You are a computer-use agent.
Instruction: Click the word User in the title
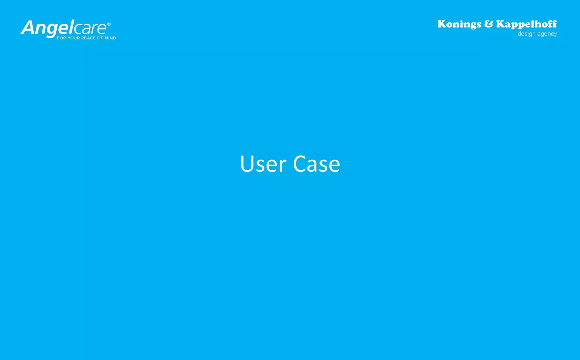click(263, 164)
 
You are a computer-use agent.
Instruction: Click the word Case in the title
click(316, 164)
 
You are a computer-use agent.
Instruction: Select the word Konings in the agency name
click(459, 24)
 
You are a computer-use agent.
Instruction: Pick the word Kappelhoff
click(526, 24)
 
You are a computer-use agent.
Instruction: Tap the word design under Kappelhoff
click(526, 34)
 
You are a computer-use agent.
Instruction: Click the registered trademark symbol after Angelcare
click(109, 24)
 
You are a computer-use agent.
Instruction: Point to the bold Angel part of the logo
click(47, 28)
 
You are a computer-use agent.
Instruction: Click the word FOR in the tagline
click(61, 38)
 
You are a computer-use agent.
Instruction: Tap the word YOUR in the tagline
click(74, 38)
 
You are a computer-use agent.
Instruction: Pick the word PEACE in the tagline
click(89, 38)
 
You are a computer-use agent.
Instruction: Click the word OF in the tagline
click(100, 38)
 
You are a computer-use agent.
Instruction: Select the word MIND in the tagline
click(110, 38)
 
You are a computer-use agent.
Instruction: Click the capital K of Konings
click(442, 24)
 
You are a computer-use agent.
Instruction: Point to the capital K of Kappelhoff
click(500, 24)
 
